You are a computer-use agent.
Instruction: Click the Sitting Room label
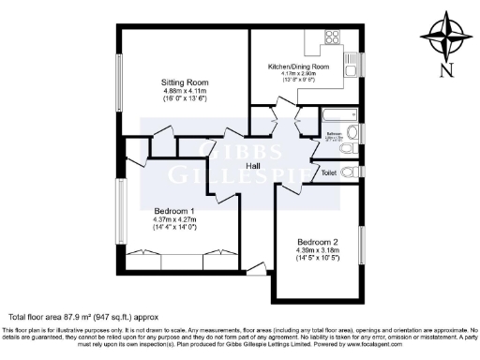click(x=184, y=82)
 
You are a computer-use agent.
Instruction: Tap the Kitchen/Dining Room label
click(x=298, y=67)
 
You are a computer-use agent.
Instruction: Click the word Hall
click(x=252, y=167)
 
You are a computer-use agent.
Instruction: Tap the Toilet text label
click(x=328, y=173)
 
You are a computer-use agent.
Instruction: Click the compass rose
click(x=446, y=38)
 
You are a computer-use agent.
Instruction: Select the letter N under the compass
click(x=447, y=69)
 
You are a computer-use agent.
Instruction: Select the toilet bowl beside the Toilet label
click(x=349, y=172)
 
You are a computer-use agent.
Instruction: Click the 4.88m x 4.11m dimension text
click(x=184, y=90)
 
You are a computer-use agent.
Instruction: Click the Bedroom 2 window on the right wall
click(x=361, y=240)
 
